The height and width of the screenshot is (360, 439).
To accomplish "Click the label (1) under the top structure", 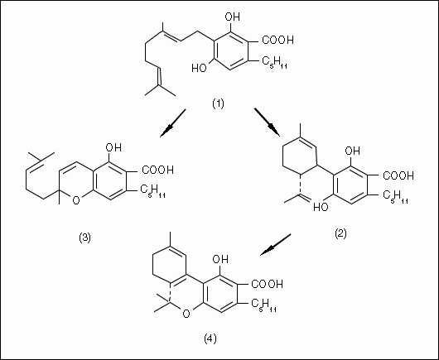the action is (x=218, y=104).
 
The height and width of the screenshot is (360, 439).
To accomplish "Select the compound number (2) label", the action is (x=340, y=233).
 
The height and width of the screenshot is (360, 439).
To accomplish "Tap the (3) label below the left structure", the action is (x=84, y=238).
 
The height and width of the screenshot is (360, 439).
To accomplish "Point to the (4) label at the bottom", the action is (x=210, y=338).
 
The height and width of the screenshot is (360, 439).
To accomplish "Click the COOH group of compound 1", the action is (x=277, y=40).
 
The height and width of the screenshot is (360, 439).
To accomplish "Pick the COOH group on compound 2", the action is (x=398, y=175).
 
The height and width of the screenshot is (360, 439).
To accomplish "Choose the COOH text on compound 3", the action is (x=158, y=170).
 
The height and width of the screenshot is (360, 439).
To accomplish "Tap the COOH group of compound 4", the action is (x=267, y=284).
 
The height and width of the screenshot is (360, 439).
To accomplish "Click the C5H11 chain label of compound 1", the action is (x=275, y=62).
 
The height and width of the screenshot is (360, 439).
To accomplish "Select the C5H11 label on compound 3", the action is (x=152, y=191).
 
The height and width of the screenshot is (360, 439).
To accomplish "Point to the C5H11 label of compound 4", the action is (x=263, y=305).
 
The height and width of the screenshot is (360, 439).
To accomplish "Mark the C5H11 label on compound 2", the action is (x=395, y=197).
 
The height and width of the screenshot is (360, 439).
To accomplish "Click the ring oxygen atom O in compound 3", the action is (x=76, y=200).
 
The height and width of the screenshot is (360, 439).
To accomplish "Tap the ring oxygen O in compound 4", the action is (x=186, y=314).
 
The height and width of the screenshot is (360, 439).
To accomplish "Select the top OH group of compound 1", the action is (x=233, y=17).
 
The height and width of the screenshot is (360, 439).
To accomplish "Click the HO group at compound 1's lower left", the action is (x=199, y=68).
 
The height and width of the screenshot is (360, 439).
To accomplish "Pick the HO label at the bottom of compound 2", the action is (x=321, y=207).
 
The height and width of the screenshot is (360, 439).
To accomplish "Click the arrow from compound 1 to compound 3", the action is (x=173, y=123).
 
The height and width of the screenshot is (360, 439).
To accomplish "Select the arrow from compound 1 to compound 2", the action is (x=267, y=122).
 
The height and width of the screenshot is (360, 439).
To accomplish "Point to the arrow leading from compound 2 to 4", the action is (x=276, y=244).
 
